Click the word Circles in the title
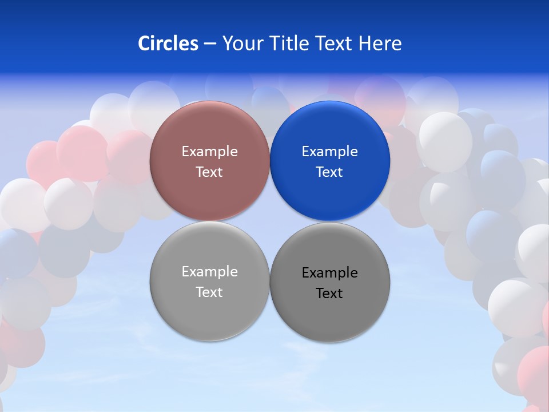coord(168,43)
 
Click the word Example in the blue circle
coord(329,152)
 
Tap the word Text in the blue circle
coord(329,172)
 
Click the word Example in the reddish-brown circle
coord(209,152)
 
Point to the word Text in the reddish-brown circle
coord(209,172)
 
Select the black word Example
coord(329,273)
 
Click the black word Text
coord(329,294)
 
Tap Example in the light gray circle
coord(209,272)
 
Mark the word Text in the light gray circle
coord(209,292)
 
